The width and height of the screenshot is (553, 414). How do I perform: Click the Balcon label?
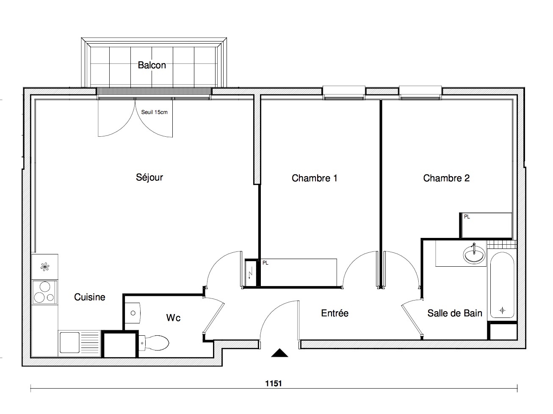pos(152,65)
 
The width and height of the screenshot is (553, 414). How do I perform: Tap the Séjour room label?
pos(149,177)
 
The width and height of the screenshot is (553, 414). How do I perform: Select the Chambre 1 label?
pos(314,178)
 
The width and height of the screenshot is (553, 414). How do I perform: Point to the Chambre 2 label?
pos(446,178)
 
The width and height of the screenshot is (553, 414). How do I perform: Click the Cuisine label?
pos(89,297)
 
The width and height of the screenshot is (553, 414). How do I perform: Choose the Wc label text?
pos(173,318)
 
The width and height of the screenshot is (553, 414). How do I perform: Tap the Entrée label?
pos(335,313)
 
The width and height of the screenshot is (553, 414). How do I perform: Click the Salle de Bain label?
pos(455,313)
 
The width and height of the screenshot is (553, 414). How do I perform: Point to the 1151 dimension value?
pos(274,384)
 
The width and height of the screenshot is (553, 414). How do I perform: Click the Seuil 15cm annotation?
pos(154,112)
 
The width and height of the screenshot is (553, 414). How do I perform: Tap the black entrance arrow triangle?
pos(279,353)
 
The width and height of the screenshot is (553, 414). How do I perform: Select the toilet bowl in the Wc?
pos(154,343)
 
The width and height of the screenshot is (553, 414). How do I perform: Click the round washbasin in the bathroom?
pos(474,254)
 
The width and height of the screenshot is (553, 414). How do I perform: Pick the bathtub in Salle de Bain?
pos(502,285)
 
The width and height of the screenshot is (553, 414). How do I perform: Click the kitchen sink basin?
pos(69,342)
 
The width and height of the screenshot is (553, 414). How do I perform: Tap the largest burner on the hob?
pos(45,286)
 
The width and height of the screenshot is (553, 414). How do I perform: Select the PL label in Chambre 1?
pos(265,263)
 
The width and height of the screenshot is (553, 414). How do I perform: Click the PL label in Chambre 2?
pos(467,217)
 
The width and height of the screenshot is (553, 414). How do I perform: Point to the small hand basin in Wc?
pos(133,313)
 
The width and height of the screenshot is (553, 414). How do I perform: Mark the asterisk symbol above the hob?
pos(44,267)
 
